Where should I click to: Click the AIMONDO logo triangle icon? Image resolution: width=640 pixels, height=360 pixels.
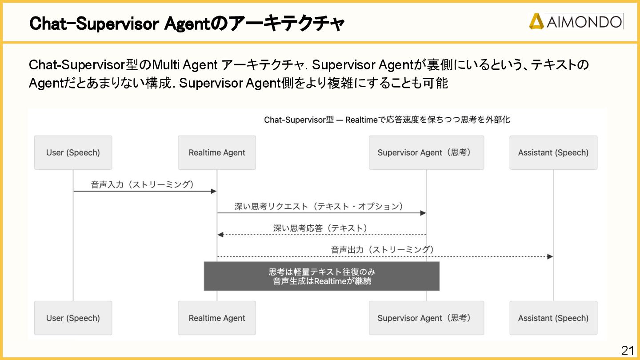[536, 21]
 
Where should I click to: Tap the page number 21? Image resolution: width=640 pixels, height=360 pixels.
[628, 350]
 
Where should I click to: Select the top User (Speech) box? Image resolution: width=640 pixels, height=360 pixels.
[73, 152]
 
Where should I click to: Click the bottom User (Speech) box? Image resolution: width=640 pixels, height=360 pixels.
[73, 318]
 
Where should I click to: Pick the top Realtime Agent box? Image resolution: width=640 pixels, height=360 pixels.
[217, 152]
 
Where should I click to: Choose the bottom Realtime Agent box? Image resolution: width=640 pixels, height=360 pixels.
[217, 318]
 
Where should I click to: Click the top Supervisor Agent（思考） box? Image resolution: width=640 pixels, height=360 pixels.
[426, 152]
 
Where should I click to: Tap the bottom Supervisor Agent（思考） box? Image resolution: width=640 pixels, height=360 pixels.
[426, 318]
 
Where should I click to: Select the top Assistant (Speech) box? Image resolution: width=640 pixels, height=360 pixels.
[553, 152]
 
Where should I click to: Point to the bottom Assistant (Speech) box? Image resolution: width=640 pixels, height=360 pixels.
[553, 318]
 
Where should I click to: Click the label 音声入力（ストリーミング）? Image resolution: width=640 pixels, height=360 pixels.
[143, 184]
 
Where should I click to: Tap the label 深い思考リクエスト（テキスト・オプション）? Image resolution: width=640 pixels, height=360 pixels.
[319, 206]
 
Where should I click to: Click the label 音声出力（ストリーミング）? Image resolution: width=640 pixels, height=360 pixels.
[382, 250]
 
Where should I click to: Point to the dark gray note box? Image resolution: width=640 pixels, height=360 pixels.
[322, 276]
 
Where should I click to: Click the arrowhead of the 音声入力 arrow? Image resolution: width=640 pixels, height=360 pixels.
[214, 191]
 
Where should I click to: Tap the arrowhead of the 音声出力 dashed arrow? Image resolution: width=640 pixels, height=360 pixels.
[550, 256]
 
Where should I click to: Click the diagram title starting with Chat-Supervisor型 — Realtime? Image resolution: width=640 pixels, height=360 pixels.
[387, 120]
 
